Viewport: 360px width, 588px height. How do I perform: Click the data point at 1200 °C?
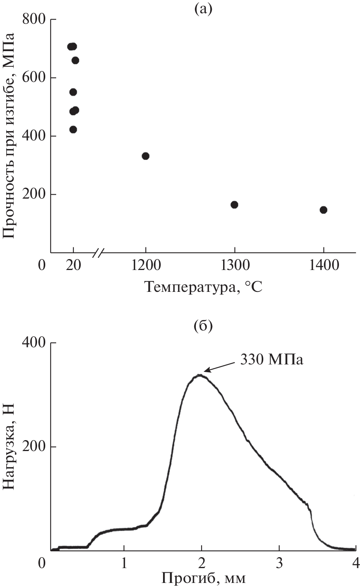(145, 156)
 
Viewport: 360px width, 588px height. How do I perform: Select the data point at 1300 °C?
(234, 204)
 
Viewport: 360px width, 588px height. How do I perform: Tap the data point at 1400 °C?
(323, 210)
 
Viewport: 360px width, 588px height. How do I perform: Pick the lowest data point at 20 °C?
(73, 130)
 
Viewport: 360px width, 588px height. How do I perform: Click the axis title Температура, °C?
(204, 287)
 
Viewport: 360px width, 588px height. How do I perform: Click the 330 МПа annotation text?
(271, 359)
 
